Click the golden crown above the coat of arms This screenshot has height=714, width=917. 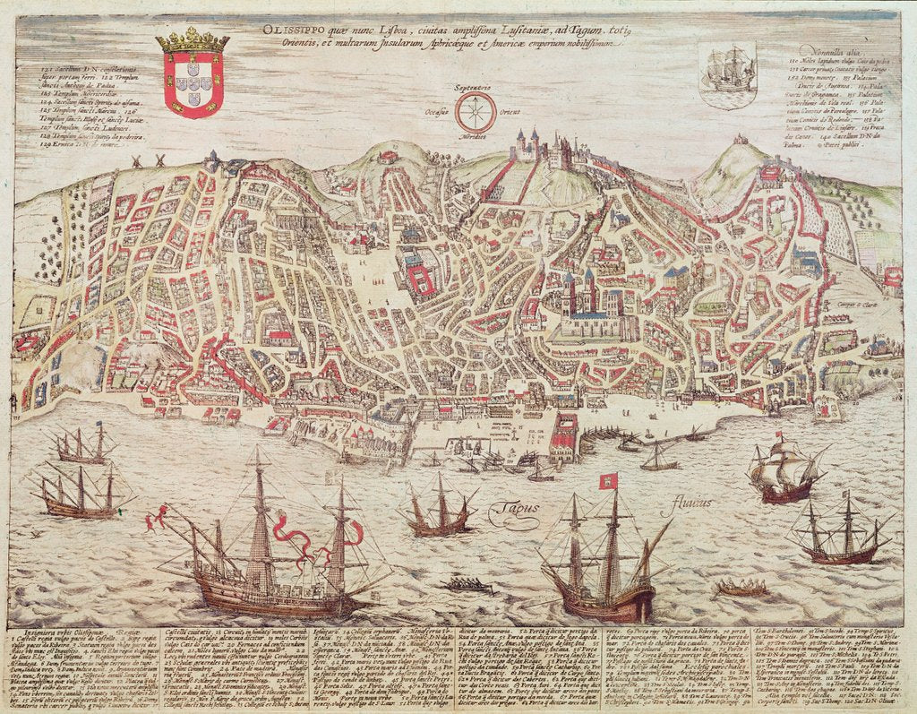point(192,39)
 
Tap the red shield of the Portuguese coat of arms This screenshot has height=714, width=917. point(192,85)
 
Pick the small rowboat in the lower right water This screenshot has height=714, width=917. point(742,589)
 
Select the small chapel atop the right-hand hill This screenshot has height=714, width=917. point(741,141)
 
